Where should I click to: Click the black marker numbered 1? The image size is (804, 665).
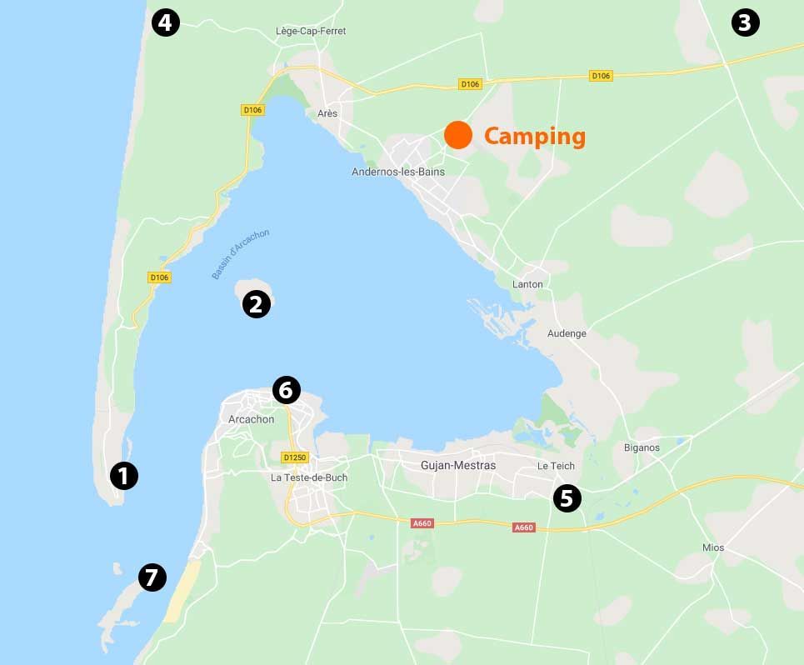click(123, 477)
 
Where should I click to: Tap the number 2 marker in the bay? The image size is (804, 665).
click(256, 305)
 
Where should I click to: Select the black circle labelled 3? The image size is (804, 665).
click(745, 23)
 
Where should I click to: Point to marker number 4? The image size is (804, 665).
click(165, 23)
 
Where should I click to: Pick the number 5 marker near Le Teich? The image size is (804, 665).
click(567, 499)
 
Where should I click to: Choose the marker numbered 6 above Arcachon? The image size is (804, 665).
click(286, 390)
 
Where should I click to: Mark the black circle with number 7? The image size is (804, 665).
click(152, 577)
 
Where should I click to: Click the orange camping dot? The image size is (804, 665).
click(457, 135)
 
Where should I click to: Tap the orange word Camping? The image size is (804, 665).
click(534, 136)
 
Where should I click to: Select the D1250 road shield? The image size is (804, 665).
click(295, 457)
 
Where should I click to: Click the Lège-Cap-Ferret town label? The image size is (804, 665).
click(310, 31)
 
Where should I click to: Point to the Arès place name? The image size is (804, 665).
click(327, 113)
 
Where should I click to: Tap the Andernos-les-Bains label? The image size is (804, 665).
click(398, 172)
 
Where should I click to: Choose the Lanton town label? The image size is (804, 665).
click(527, 284)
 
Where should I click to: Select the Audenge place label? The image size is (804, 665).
click(567, 333)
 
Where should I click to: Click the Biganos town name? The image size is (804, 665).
click(642, 447)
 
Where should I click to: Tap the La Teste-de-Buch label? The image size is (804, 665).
click(309, 477)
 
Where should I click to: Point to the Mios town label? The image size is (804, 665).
click(712, 547)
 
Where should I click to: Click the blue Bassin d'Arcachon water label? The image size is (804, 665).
click(240, 254)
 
